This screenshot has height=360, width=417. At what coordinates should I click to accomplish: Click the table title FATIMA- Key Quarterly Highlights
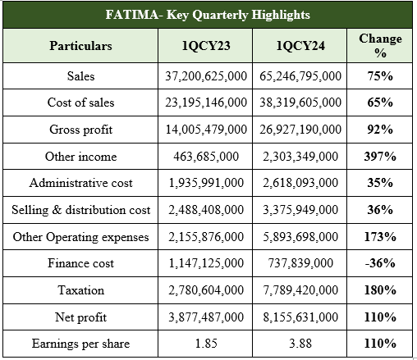(208, 15)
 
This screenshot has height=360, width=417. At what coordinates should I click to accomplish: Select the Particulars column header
(80, 46)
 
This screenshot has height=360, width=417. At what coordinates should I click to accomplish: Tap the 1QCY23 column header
(206, 46)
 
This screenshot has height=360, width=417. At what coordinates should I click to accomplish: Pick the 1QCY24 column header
(300, 46)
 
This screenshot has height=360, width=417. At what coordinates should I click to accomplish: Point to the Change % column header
(380, 46)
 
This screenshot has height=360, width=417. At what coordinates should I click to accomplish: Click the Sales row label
(80, 76)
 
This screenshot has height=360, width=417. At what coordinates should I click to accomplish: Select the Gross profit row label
(80, 130)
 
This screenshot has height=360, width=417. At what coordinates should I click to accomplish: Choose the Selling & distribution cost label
(80, 210)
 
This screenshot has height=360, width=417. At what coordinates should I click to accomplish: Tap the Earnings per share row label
(80, 344)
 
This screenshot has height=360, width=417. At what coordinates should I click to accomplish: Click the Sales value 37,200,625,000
(206, 76)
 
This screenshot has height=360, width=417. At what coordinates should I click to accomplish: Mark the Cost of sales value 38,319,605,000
(300, 103)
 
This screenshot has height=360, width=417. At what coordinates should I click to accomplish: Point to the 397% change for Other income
(380, 157)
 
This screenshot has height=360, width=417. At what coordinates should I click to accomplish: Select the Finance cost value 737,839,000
(300, 263)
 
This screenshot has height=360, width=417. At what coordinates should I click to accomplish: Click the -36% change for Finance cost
(380, 263)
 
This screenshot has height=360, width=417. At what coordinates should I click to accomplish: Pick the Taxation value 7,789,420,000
(300, 290)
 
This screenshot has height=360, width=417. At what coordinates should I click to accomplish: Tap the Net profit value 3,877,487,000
(206, 317)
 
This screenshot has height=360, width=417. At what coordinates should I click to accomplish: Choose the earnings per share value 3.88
(300, 344)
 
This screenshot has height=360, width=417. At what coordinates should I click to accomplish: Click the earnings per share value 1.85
(206, 344)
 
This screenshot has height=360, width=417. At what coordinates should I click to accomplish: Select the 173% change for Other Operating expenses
(380, 237)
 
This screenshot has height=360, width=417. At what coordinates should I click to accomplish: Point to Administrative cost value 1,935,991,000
(206, 183)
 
